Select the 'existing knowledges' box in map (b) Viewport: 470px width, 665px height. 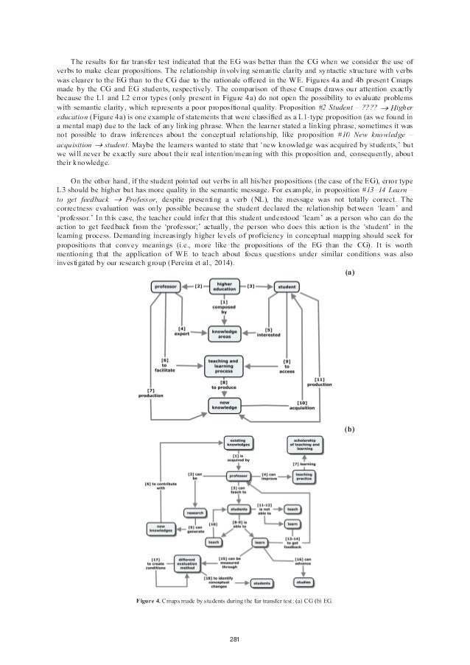pos(238,443)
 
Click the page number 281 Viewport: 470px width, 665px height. pos(234,637)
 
